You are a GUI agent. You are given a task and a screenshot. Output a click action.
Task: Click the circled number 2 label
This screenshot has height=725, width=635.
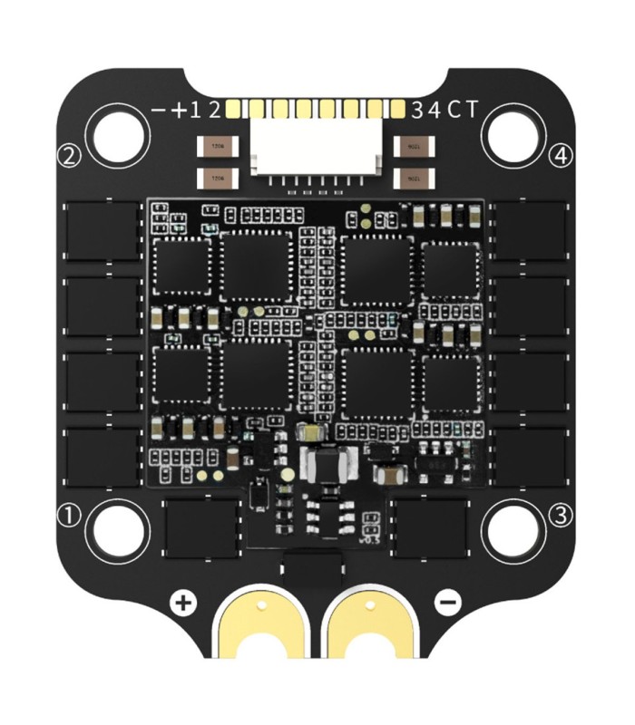(70, 155)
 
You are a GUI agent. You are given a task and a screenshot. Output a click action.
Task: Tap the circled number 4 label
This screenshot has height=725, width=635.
(562, 155)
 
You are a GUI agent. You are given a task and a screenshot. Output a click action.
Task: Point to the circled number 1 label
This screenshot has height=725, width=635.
(70, 516)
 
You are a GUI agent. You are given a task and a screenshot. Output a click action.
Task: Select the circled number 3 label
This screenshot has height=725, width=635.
(562, 516)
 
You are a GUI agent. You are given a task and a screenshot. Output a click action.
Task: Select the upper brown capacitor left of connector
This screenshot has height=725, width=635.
(217, 145)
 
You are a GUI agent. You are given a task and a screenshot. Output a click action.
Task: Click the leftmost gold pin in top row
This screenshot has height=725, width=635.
(233, 111)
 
